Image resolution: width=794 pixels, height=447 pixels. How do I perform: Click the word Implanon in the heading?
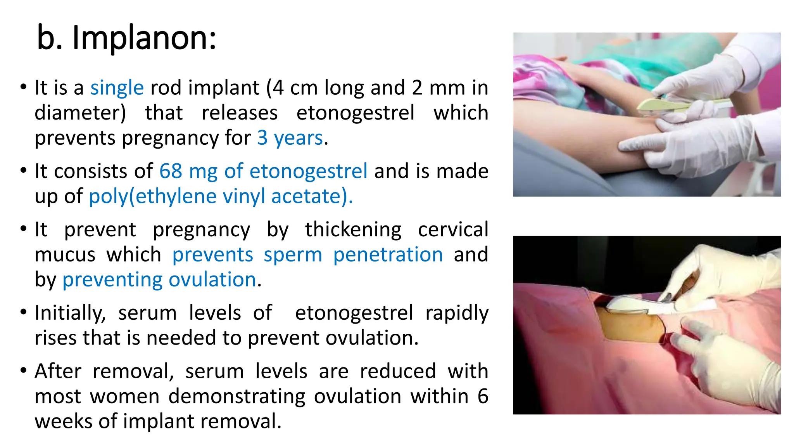click(144, 38)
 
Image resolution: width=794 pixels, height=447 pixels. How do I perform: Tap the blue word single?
click(117, 88)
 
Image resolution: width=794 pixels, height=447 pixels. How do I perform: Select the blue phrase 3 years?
click(290, 138)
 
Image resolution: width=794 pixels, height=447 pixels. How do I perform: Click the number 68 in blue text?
click(171, 171)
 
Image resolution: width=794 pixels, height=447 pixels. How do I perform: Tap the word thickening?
click(353, 229)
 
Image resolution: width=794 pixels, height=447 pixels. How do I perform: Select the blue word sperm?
click(293, 255)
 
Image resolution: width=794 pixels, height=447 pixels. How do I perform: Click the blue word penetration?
click(388, 255)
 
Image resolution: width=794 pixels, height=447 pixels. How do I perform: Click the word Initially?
click(70, 313)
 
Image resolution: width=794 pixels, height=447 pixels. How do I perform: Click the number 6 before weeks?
click(483, 397)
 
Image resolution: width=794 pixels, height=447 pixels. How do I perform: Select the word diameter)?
click(80, 113)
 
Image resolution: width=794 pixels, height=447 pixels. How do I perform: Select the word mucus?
click(65, 255)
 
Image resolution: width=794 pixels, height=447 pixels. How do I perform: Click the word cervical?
click(453, 229)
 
